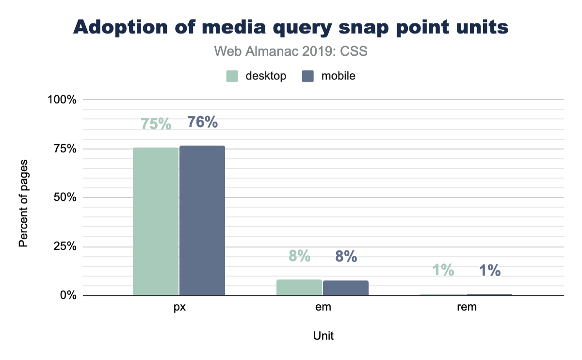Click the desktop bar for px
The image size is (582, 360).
pyautogui.click(x=156, y=222)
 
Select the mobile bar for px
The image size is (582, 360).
pyautogui.click(x=202, y=221)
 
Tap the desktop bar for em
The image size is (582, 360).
pyautogui.click(x=299, y=288)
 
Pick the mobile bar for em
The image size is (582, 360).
pyautogui.click(x=346, y=288)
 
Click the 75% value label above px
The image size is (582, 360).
pyautogui.click(x=156, y=124)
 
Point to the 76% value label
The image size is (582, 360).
pyautogui.click(x=202, y=122)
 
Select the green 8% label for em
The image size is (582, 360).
pyautogui.click(x=299, y=256)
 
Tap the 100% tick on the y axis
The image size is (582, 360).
pyautogui.click(x=62, y=99)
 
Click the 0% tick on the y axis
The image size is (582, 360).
pyautogui.click(x=67, y=295)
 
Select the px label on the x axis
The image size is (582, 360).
pyautogui.click(x=179, y=307)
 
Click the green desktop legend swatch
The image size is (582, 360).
pyautogui.click(x=232, y=76)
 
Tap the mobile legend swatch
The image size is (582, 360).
pyautogui.click(x=307, y=76)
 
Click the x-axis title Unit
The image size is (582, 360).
pyautogui.click(x=323, y=336)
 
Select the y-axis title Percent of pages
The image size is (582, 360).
pyautogui.click(x=23, y=202)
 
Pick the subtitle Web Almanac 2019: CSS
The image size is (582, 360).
pyautogui.click(x=291, y=51)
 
